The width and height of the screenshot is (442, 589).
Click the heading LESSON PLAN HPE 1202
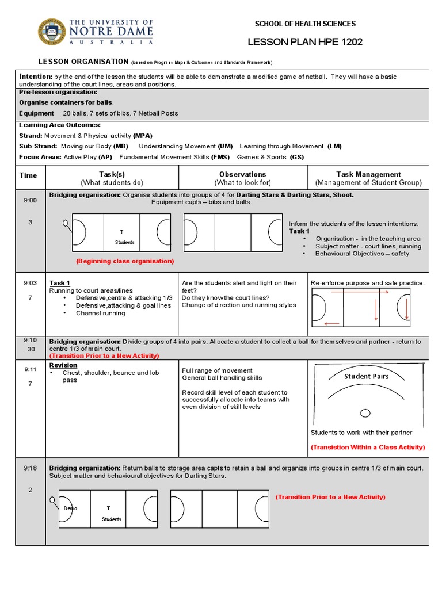(x=305, y=43)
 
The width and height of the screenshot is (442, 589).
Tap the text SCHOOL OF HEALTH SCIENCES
(x=305, y=24)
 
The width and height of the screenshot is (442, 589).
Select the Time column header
(x=28, y=175)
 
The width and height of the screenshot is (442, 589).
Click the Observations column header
(x=242, y=174)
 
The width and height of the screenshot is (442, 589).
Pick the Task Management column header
(x=368, y=174)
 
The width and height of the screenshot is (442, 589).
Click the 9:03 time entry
(x=30, y=283)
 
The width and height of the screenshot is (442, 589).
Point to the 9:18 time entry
(x=30, y=468)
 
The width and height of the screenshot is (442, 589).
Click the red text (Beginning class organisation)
(x=125, y=261)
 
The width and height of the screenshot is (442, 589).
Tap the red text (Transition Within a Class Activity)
(x=368, y=447)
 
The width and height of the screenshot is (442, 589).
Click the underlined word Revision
(x=63, y=365)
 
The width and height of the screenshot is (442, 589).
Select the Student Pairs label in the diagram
(x=367, y=377)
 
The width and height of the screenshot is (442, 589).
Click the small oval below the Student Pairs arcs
(x=365, y=413)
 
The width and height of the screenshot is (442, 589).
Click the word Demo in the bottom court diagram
(x=70, y=508)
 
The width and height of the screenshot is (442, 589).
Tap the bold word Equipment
(x=37, y=113)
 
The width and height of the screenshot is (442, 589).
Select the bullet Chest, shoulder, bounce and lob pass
(x=110, y=376)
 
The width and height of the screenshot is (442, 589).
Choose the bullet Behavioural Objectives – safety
(x=362, y=254)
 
